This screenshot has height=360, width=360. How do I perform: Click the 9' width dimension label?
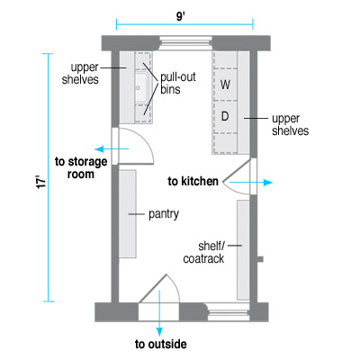(x=180, y=16)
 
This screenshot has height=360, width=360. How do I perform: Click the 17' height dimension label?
(x=41, y=182)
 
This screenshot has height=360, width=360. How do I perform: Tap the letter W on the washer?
(x=225, y=85)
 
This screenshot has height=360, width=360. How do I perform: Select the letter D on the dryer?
(x=225, y=116)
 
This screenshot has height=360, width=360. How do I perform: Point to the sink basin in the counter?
(x=140, y=87)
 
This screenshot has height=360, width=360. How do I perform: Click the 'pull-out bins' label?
(x=178, y=83)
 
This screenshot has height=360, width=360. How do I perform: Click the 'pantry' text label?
(x=164, y=214)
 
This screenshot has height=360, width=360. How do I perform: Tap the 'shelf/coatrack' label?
(x=203, y=252)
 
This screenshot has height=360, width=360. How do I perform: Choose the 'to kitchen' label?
(x=193, y=182)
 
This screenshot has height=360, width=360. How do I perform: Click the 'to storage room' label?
(x=81, y=167)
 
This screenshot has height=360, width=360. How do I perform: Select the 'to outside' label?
(x=161, y=344)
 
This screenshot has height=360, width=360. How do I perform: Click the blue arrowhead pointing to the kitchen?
(x=268, y=183)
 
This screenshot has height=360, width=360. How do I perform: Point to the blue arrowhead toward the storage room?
(x=99, y=148)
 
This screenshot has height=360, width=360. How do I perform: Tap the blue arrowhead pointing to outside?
(x=159, y=332)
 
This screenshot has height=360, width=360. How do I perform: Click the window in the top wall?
(x=185, y=43)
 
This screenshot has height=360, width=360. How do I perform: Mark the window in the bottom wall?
(x=229, y=312)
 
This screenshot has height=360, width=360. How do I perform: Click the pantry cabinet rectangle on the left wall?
(x=128, y=214)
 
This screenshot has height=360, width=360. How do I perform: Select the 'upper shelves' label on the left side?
(x=80, y=74)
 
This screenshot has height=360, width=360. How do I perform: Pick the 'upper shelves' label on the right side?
(x=290, y=125)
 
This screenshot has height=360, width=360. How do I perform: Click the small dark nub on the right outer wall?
(x=260, y=259)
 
